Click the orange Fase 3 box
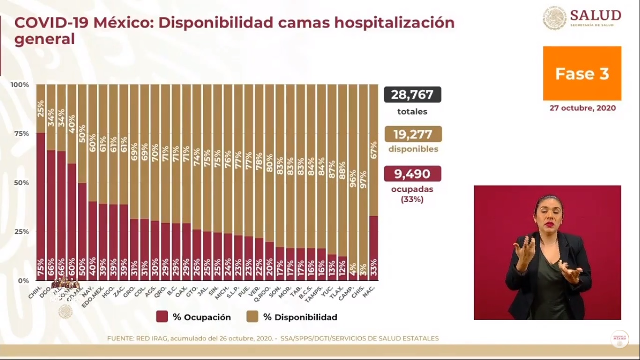[582, 73]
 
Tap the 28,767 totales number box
[412, 95]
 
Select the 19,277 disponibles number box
[413, 134]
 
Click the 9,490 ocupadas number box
[412, 174]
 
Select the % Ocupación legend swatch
[162, 317]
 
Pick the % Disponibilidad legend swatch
[252, 317]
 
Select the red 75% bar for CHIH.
[41, 206]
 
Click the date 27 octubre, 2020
[582, 108]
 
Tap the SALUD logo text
[596, 15]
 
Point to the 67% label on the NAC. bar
[373, 151]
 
